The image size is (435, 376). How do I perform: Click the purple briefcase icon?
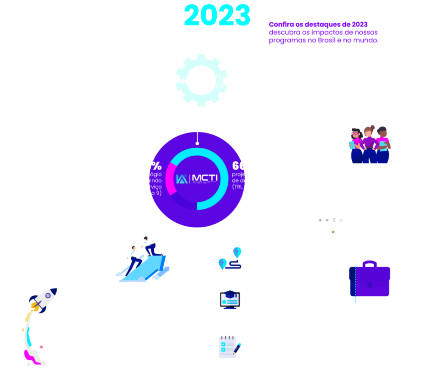tap(370, 281)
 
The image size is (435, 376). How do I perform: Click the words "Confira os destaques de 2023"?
tap(318, 24)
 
